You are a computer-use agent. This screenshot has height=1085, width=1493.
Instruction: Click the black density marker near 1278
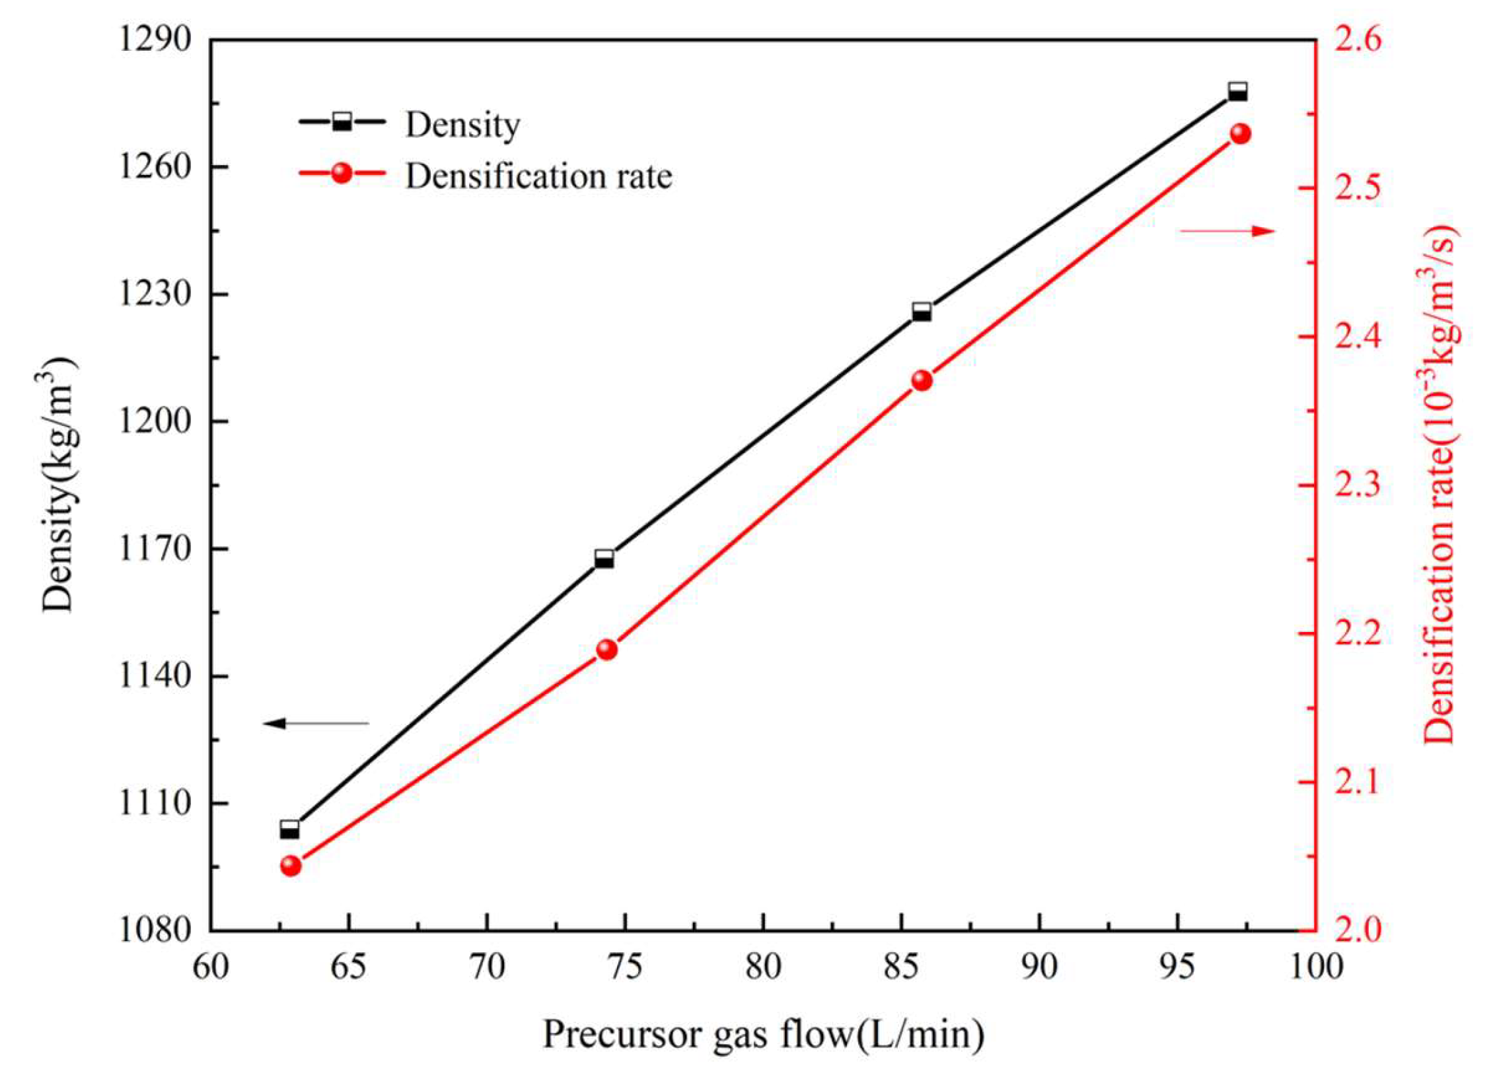1237,91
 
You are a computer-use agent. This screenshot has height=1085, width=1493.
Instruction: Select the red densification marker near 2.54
1240,134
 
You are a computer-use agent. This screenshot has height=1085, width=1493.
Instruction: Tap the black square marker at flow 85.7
922,312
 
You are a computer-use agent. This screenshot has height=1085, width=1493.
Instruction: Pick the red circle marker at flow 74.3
606,650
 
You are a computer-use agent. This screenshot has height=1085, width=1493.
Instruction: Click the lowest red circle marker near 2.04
291,866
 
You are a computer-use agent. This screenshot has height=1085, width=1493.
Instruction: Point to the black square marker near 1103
289,829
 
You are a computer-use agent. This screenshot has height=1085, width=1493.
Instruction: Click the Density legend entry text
462,124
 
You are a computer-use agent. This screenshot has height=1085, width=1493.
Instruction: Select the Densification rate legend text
538,176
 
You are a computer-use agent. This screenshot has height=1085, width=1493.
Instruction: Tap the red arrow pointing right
1227,230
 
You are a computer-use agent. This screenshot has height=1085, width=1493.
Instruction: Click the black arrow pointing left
316,723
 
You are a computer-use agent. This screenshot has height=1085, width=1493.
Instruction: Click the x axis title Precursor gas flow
763,1035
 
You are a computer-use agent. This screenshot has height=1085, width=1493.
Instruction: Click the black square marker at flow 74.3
604,559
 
